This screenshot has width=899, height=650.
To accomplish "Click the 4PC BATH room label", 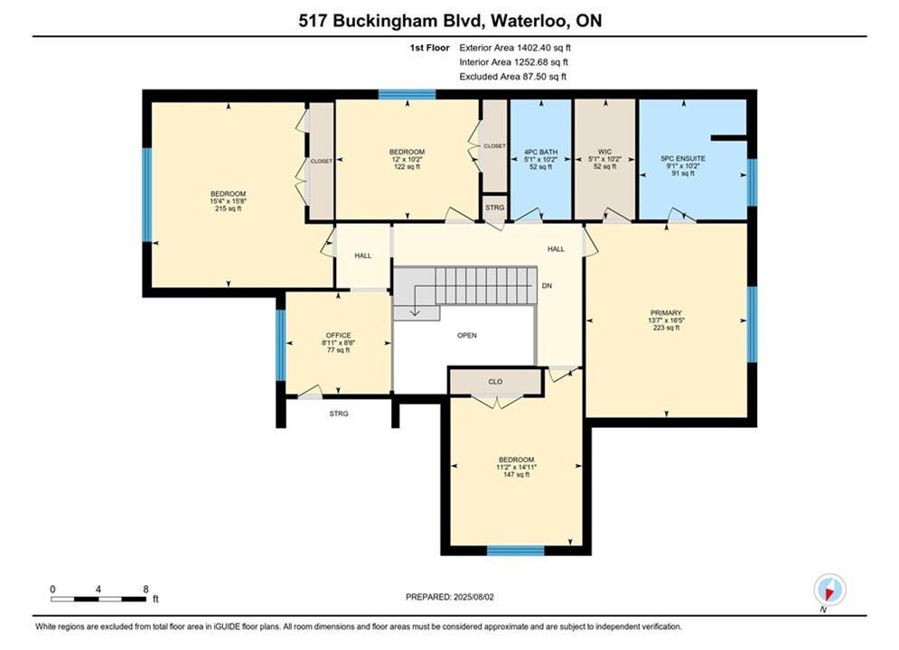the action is point(540,153).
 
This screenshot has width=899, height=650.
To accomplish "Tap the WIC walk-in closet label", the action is point(604,153).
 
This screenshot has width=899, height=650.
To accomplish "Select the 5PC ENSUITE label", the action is point(683,159).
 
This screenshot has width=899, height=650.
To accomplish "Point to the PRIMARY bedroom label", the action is point(666,313).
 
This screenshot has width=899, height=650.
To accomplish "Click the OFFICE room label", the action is point(338,336).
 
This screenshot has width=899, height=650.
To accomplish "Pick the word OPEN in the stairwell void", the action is point(467,336).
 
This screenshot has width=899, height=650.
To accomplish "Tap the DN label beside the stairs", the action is point(547,286).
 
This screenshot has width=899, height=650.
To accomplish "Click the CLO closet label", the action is point(495,381).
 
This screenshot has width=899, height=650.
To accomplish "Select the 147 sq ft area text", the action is point(516,475).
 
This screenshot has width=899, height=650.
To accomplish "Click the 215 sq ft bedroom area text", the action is point(228,209).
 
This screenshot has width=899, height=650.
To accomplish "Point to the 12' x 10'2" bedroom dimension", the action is point(407,160).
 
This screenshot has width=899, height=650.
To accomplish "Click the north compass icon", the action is point(829,590).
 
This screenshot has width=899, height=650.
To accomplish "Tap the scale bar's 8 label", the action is point(145,590).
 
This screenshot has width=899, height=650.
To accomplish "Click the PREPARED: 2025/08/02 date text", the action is point(450,597).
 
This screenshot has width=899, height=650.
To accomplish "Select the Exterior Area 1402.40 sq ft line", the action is point(515,48).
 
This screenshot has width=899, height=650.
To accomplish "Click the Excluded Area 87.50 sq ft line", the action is point(512,77).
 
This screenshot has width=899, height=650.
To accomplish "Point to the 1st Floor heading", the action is point(429,48).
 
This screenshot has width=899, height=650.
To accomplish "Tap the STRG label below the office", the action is point(339,413).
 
